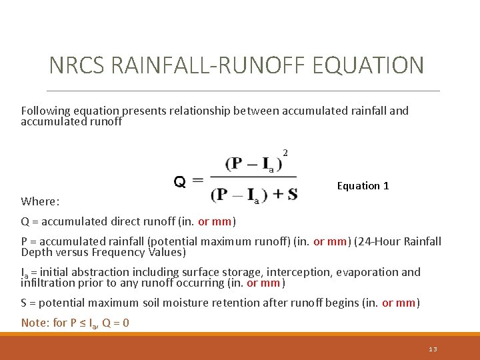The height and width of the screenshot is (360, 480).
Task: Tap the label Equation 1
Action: pyautogui.click(x=363, y=186)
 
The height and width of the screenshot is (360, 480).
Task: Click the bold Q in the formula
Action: pyautogui.click(x=180, y=181)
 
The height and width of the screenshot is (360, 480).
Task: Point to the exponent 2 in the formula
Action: pyautogui.click(x=285, y=153)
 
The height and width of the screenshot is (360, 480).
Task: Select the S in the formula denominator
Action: pyautogui.click(x=292, y=195)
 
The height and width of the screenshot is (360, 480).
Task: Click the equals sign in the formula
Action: pyautogui.click(x=197, y=181)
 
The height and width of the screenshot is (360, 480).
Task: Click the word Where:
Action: pyautogui.click(x=41, y=201)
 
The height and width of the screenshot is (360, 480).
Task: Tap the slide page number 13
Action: pyautogui.click(x=433, y=349)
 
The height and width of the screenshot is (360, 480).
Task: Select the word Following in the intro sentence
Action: pyautogui.click(x=45, y=111)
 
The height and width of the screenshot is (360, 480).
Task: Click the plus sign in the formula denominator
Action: pyautogui.click(x=274, y=195)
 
